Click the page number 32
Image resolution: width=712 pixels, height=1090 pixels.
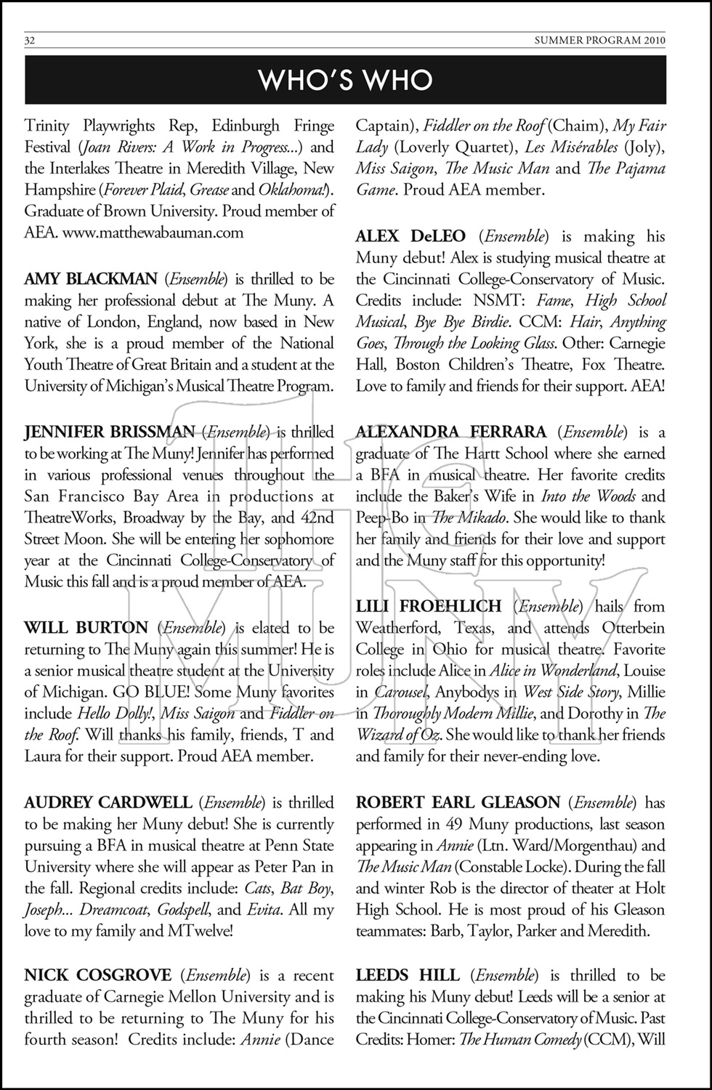pyautogui.click(x=30, y=41)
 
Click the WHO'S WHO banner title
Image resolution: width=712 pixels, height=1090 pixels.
pyautogui.click(x=346, y=81)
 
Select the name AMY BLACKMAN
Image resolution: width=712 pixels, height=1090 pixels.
pyautogui.click(x=91, y=279)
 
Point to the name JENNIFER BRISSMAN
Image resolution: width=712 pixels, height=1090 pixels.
pyautogui.click(x=110, y=432)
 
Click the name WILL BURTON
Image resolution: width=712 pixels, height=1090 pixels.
pyautogui.click(x=86, y=628)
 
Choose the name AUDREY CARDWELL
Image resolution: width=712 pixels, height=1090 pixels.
pyautogui.click(x=108, y=803)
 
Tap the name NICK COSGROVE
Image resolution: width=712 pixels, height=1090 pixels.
pyautogui.click(x=98, y=976)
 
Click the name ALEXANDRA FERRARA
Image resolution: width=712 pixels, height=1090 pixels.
pyautogui.click(x=451, y=432)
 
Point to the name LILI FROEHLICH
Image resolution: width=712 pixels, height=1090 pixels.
pyautogui.click(x=429, y=606)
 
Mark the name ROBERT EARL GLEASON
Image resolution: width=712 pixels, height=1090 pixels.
pyautogui.click(x=458, y=803)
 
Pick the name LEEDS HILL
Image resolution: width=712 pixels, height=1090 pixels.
pyautogui.click(x=408, y=976)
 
